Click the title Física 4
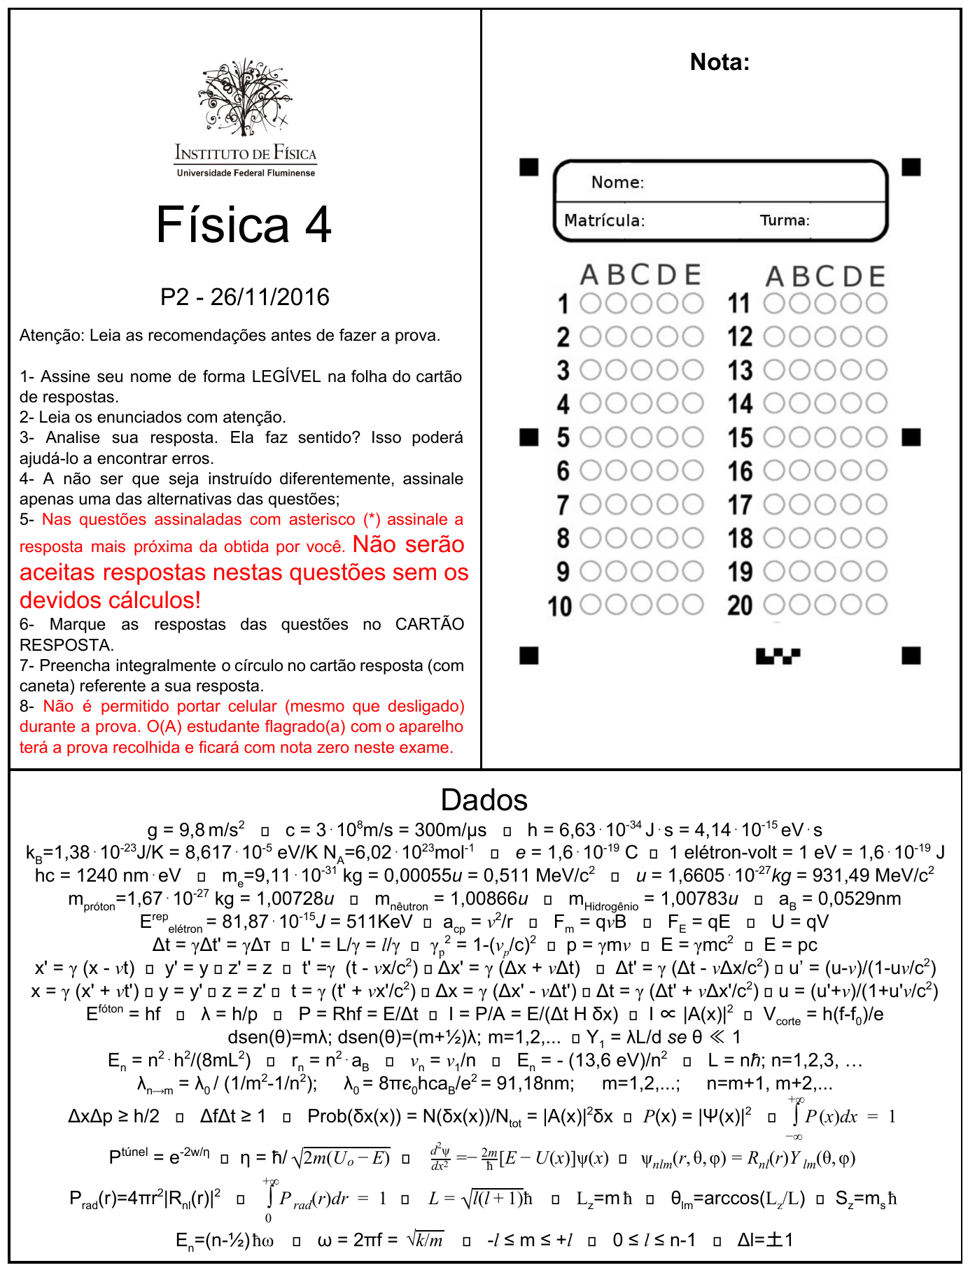244,225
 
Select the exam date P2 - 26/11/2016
244,297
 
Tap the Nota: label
720,62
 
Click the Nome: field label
617,183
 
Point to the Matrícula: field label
604,220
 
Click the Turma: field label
785,220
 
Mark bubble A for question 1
591,304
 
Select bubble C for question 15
825,437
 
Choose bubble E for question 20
876,605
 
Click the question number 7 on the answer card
563,505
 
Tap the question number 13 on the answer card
740,370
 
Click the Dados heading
484,800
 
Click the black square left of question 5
529,437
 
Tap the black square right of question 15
911,437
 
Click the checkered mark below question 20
778,656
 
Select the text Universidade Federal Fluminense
246,173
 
